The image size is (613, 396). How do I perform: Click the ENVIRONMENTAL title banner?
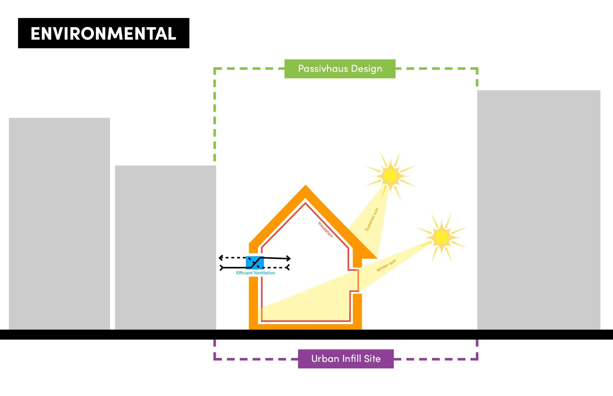point(103,33)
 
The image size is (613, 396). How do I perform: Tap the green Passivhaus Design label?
point(340,69)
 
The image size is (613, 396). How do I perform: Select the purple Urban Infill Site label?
point(346,359)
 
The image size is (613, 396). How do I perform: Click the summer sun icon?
point(390,176)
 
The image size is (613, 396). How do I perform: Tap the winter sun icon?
point(441,237)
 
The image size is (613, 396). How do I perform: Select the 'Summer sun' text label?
point(372,219)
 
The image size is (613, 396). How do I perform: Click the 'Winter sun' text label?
point(386,265)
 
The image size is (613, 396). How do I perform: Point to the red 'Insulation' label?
point(325,229)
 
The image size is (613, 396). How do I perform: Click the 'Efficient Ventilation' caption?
point(255,273)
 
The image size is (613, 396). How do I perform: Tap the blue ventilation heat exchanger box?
point(255,263)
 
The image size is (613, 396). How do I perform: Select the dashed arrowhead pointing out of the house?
point(221,257)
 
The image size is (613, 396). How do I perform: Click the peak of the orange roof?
point(306,185)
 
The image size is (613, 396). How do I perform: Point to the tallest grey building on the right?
point(538,210)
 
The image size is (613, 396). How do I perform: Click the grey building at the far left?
point(60,224)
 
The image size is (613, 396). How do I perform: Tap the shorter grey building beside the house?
point(165,247)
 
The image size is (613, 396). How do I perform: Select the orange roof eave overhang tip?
point(377,258)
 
